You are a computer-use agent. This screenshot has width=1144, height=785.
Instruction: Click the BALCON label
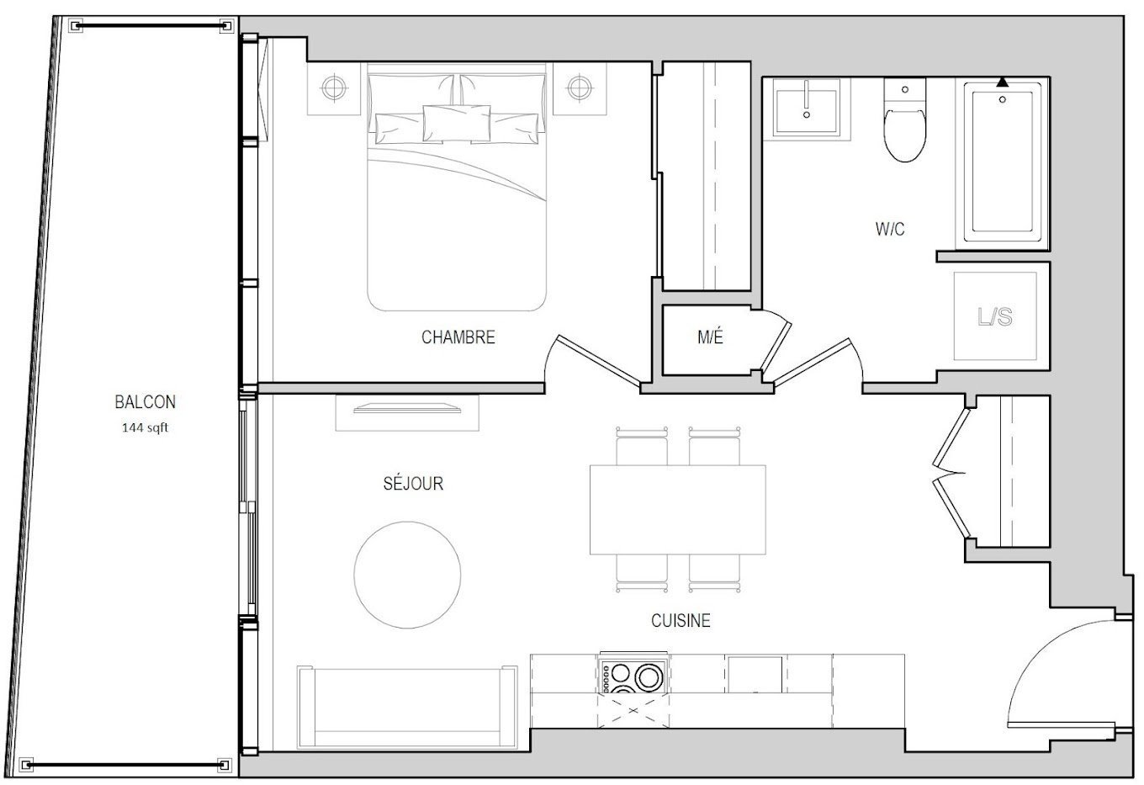(145, 402)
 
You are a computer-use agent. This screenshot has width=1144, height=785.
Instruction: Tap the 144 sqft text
(145, 427)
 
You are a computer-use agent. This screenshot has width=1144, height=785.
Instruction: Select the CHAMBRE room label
(458, 337)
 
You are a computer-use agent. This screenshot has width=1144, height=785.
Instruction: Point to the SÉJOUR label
(413, 483)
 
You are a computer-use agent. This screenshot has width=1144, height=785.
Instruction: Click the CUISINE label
(681, 621)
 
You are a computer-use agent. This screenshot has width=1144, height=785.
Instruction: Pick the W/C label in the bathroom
(890, 229)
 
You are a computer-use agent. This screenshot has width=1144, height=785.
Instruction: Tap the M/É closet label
(711, 337)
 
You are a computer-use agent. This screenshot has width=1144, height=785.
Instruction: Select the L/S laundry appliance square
(995, 316)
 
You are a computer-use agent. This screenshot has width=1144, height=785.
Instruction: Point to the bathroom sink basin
(807, 108)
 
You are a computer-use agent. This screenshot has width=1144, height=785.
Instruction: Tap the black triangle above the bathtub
(1003, 82)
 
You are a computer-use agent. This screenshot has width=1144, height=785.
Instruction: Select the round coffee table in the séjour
(407, 575)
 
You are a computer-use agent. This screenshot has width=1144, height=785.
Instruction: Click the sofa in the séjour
(407, 708)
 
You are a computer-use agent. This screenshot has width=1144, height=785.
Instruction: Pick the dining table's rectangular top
(678, 509)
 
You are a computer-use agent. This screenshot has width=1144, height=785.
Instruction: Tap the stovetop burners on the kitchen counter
(633, 676)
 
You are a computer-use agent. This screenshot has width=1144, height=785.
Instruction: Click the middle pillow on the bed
(457, 123)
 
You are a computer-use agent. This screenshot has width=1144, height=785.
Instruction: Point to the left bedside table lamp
(333, 88)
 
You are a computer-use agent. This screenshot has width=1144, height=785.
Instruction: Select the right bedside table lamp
(580, 88)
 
